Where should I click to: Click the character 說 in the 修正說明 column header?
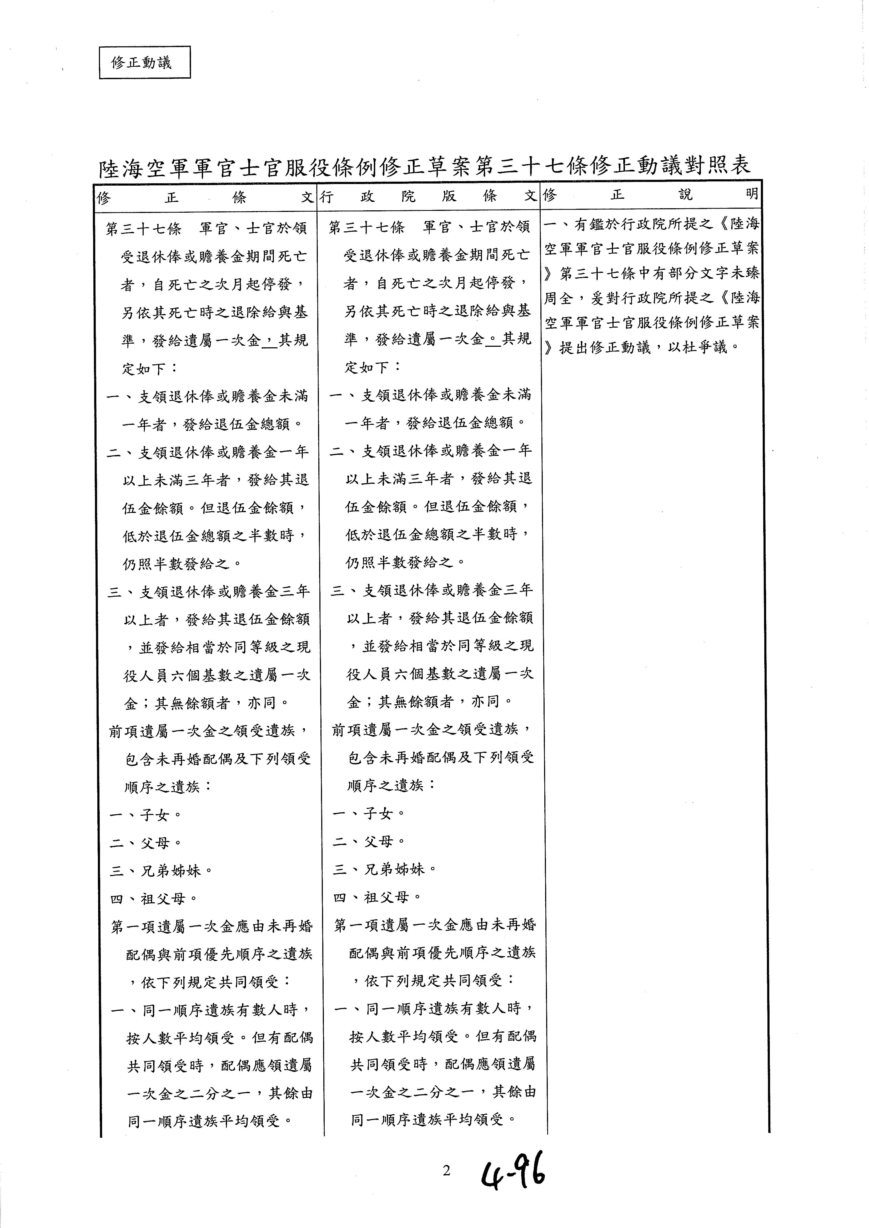click(x=685, y=195)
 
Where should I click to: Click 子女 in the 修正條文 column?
click(x=155, y=815)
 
